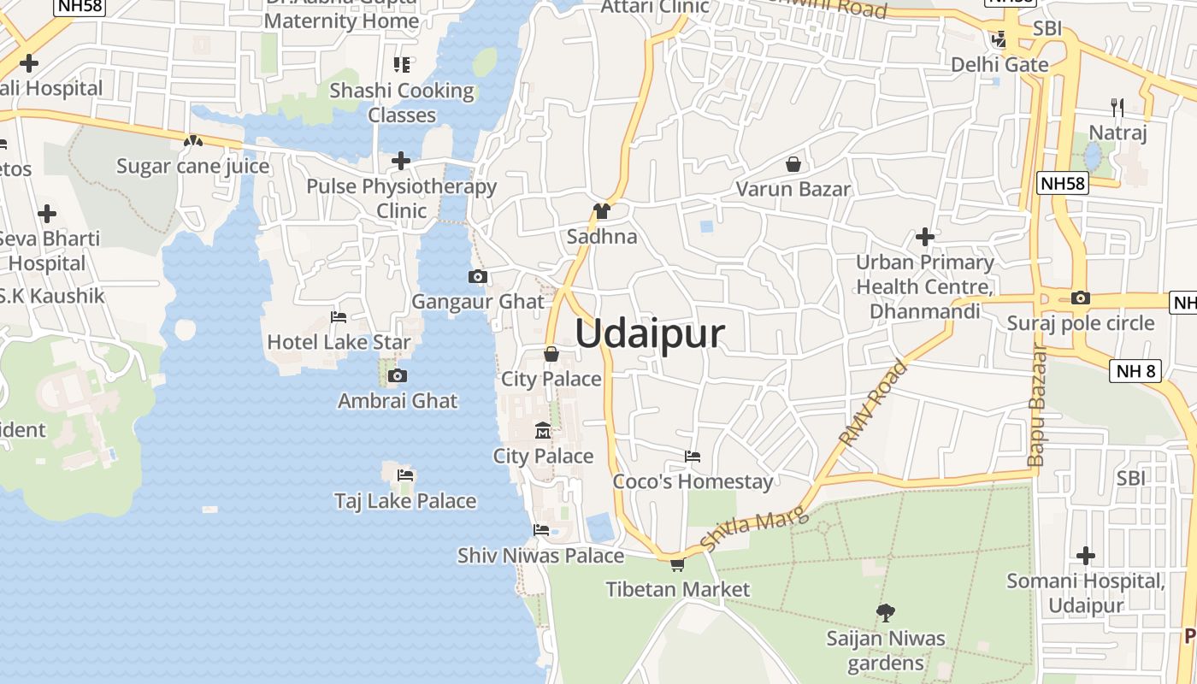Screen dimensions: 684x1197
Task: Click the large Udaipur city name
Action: (x=650, y=333)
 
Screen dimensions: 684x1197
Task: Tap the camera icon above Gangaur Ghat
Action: (x=478, y=276)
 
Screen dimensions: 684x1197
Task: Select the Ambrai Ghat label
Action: (x=398, y=400)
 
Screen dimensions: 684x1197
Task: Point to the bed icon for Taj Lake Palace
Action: (x=404, y=475)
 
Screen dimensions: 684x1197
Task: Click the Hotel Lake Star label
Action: (x=339, y=343)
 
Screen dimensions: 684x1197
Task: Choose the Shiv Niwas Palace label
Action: (x=540, y=556)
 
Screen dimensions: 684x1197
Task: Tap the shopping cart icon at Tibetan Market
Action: (x=677, y=564)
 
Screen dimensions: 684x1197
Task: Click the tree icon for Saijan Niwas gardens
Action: (x=886, y=612)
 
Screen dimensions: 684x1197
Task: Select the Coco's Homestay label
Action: (x=693, y=481)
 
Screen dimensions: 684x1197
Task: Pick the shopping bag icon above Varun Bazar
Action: (x=793, y=164)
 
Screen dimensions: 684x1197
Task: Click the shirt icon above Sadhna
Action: (x=602, y=211)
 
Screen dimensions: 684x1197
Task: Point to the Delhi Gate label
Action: (x=999, y=64)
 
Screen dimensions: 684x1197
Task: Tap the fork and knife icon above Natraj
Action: (x=1117, y=107)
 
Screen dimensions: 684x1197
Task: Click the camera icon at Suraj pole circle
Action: (x=1081, y=298)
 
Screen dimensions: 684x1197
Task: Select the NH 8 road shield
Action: (x=1136, y=371)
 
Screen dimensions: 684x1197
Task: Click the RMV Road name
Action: (x=873, y=404)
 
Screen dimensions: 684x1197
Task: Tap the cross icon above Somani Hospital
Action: (x=1086, y=556)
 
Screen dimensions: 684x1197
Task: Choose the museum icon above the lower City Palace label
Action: (x=543, y=430)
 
